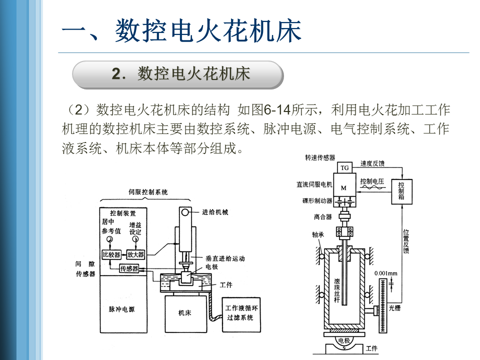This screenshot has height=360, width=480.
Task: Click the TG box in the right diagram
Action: coord(344,167)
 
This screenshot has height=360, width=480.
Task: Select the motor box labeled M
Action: coord(344,184)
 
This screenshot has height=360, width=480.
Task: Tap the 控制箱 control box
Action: coord(401,191)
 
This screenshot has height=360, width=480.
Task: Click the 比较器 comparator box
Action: coord(111,254)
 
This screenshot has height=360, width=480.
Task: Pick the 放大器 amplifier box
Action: coord(135,254)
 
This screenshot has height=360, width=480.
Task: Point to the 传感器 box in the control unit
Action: coord(129,268)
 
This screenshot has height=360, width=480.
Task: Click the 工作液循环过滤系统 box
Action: coord(241,314)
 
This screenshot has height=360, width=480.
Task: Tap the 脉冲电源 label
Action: coord(121,309)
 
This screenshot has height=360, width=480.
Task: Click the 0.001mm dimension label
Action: coord(385,273)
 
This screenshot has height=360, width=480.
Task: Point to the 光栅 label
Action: coord(394,308)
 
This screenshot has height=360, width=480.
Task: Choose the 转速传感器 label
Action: coord(320,157)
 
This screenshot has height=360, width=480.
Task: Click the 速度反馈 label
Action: coord(372,163)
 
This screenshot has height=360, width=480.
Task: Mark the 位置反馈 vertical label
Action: coord(405,241)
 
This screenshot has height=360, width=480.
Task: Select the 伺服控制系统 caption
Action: coord(148,192)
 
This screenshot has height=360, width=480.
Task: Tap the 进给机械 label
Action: coord(215,212)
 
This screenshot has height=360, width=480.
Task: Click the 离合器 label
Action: coord(322,216)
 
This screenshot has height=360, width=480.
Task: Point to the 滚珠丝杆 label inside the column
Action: coord(336,290)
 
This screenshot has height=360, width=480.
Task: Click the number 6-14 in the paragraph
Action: coord(277,109)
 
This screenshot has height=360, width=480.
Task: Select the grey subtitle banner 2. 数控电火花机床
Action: coord(178,75)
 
